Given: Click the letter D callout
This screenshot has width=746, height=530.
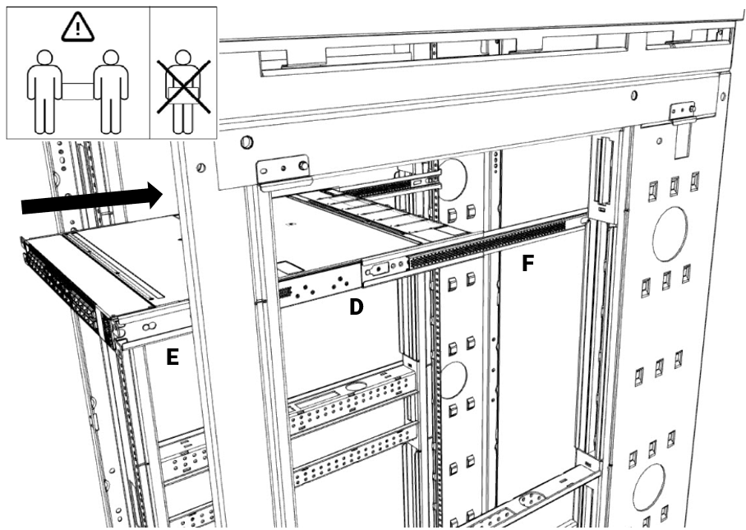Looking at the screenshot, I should (357, 306).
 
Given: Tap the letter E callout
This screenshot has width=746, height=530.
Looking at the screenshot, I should (173, 358).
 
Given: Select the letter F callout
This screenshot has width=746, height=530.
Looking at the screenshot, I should (529, 265).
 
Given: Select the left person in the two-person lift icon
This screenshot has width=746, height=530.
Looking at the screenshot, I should (42, 90).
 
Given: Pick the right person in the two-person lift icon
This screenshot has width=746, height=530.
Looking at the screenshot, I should (110, 90).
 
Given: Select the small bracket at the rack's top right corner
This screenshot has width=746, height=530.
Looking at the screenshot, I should (683, 113).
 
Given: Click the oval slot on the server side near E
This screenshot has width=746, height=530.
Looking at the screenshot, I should (150, 328).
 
